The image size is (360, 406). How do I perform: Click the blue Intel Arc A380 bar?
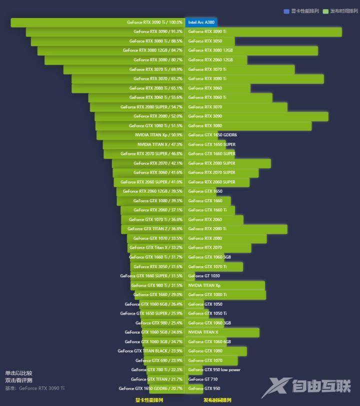click(x=201, y=22)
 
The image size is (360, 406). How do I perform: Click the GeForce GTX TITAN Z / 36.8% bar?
click(x=152, y=229)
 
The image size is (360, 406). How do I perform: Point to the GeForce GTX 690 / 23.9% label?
click(x=159, y=361)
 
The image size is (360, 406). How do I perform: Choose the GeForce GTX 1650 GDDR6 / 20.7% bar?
click(x=167, y=389)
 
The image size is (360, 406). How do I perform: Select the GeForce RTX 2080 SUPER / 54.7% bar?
click(x=137, y=107)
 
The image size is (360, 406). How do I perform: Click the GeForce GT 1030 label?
click(x=204, y=276)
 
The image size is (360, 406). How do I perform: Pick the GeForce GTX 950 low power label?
click(x=214, y=370)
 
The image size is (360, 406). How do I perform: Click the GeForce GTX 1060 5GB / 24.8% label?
click(x=153, y=332)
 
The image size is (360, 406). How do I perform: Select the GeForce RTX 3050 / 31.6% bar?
click(x=157, y=267)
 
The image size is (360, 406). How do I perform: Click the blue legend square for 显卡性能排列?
click(x=286, y=11)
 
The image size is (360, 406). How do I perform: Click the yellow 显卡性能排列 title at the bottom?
click(x=149, y=400)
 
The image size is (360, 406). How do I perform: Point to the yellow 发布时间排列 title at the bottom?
click(x=217, y=400)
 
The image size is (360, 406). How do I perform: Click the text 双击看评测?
click(x=19, y=381)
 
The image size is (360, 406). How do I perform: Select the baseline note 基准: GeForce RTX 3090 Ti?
click(x=35, y=388)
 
